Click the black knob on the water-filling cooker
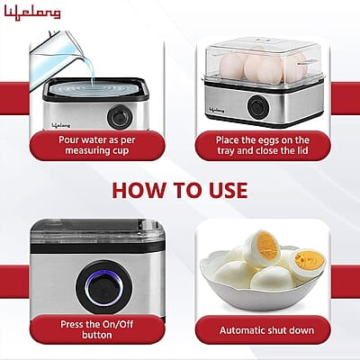[x=117, y=117]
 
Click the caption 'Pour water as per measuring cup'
[x=97, y=147]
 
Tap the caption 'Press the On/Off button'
[x=97, y=328]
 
